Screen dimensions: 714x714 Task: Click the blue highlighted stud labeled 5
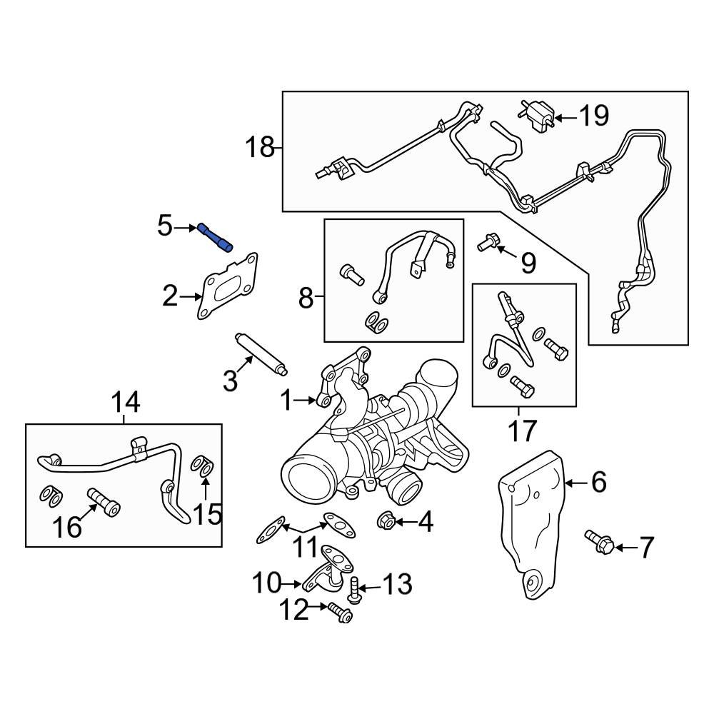(x=215, y=237)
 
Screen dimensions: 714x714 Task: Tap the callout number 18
(x=261, y=148)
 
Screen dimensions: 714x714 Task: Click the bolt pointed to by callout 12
(x=340, y=612)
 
